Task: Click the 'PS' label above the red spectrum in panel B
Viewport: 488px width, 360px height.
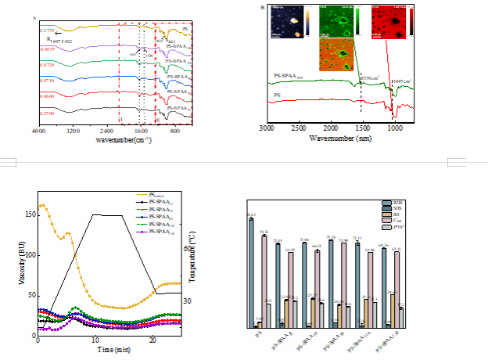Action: tap(276, 95)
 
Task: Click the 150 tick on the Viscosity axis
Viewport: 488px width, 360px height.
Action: tap(30, 214)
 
